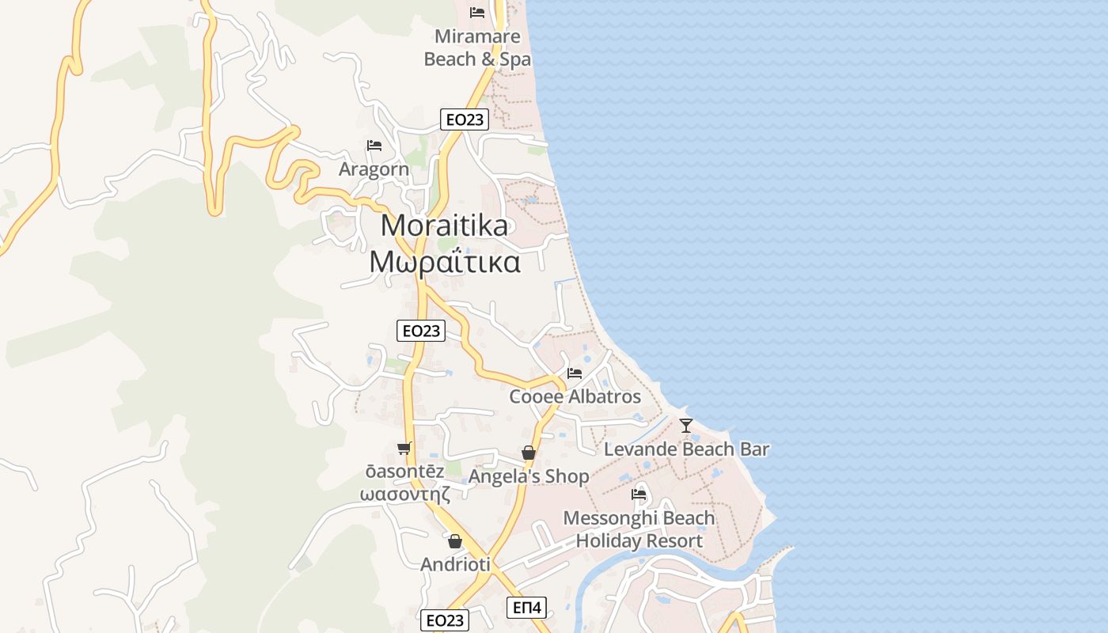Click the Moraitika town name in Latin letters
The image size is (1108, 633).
coord(444,226)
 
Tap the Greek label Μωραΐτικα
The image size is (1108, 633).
coord(445,261)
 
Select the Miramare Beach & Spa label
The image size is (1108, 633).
coord(477,47)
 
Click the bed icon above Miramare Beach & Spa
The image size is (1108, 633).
coord(477,13)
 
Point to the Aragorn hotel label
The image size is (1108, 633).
coord(374,169)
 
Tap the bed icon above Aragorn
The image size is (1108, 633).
coord(374,146)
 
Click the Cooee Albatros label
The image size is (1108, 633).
coord(575,396)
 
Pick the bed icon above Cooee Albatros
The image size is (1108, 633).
coord(575,373)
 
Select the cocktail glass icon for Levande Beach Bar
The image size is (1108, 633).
coord(686,426)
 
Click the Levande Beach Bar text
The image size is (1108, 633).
coord(686,449)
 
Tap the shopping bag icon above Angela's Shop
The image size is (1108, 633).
coord(529,453)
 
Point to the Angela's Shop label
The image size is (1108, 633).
coord(529,476)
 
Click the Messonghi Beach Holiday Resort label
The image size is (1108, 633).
coord(639,529)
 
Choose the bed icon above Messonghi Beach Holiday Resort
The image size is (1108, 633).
coord(639,495)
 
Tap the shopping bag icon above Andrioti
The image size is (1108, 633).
coord(455,541)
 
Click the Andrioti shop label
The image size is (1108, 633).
coord(455,565)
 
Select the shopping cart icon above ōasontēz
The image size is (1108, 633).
coord(404,449)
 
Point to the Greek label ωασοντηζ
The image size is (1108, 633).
coord(404,494)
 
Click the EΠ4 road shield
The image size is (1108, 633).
coord(526,608)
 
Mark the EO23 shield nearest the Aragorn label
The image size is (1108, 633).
coord(464,119)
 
